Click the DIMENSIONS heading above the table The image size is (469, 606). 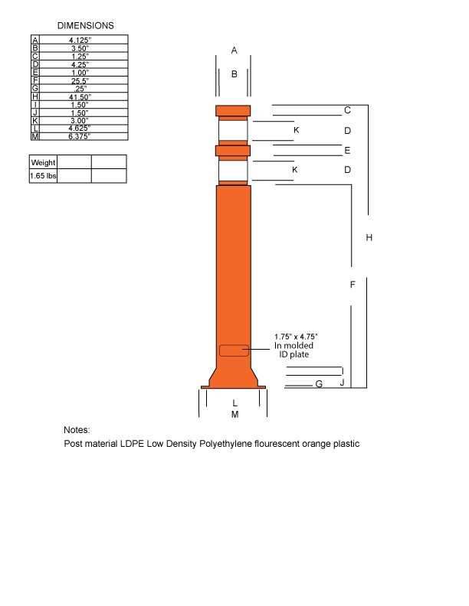coord(85,25)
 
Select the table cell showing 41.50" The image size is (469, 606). coord(79,97)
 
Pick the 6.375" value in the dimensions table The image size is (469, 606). coord(79,136)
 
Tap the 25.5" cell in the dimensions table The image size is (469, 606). coord(79,81)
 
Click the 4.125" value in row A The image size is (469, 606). coord(79,40)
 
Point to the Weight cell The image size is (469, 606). coord(43,162)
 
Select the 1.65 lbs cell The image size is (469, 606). coord(43,176)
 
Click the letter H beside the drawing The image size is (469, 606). coord(369,238)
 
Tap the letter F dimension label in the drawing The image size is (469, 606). coord(352,285)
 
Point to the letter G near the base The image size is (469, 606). coord(319,384)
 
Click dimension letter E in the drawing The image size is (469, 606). coord(347,151)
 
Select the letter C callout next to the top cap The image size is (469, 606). coord(347,110)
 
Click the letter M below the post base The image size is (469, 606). coord(235,415)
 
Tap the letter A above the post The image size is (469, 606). coord(234,50)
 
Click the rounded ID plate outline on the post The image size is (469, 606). coord(234,350)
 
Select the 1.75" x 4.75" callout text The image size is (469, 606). coord(296,337)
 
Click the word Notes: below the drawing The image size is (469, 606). coord(77,430)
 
